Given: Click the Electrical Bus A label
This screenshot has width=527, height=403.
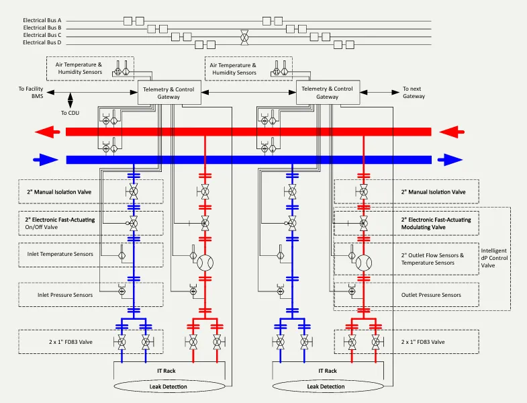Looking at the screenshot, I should coord(42,21).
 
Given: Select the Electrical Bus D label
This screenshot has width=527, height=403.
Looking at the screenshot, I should coord(42,42).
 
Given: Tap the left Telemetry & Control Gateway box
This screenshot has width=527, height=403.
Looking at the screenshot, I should coord(169,93).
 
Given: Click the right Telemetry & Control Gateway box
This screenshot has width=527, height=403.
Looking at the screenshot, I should coord(328,93).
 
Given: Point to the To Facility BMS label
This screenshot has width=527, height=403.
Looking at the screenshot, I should coord(30,93).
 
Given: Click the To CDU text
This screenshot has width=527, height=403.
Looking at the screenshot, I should coord(70,113).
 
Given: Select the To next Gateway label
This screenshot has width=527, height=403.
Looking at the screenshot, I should coord(414,93).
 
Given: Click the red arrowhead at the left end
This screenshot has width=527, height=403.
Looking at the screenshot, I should coord(48,132).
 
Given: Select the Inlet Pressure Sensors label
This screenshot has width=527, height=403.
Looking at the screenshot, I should coord(56,294).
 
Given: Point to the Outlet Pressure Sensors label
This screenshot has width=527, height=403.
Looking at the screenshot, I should coord(431,295).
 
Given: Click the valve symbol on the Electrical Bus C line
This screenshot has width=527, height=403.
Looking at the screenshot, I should coord(246,35).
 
